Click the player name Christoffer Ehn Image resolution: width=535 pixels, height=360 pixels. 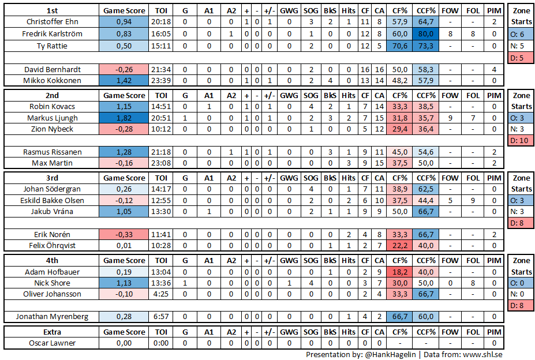[52, 22]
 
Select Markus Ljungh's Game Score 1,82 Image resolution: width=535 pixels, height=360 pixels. [124, 118]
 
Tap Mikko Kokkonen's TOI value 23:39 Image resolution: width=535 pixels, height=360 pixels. [162, 80]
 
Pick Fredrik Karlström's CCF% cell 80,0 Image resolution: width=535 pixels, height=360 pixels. [425, 33]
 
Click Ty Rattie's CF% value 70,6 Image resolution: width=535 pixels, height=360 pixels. [399, 45]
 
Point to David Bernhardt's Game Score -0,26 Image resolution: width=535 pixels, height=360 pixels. [124, 69]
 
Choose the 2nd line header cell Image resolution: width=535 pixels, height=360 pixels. [52, 95]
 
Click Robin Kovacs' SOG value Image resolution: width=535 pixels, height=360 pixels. [310, 107]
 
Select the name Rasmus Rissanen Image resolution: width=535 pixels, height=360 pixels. [52, 152]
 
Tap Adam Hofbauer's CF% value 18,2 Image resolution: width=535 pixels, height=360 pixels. [399, 272]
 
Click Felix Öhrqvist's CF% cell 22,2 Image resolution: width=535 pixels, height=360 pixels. [399, 246]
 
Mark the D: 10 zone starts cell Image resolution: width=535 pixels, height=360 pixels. [521, 140]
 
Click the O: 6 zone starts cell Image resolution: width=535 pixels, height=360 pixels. [521, 34]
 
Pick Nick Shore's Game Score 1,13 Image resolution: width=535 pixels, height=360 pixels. [124, 283]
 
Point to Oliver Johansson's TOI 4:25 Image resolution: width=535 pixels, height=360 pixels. [162, 294]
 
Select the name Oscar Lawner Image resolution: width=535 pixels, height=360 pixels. [52, 343]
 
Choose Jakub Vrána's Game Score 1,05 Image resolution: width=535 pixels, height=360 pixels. [124, 212]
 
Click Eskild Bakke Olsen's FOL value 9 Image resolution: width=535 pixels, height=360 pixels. [473, 201]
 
